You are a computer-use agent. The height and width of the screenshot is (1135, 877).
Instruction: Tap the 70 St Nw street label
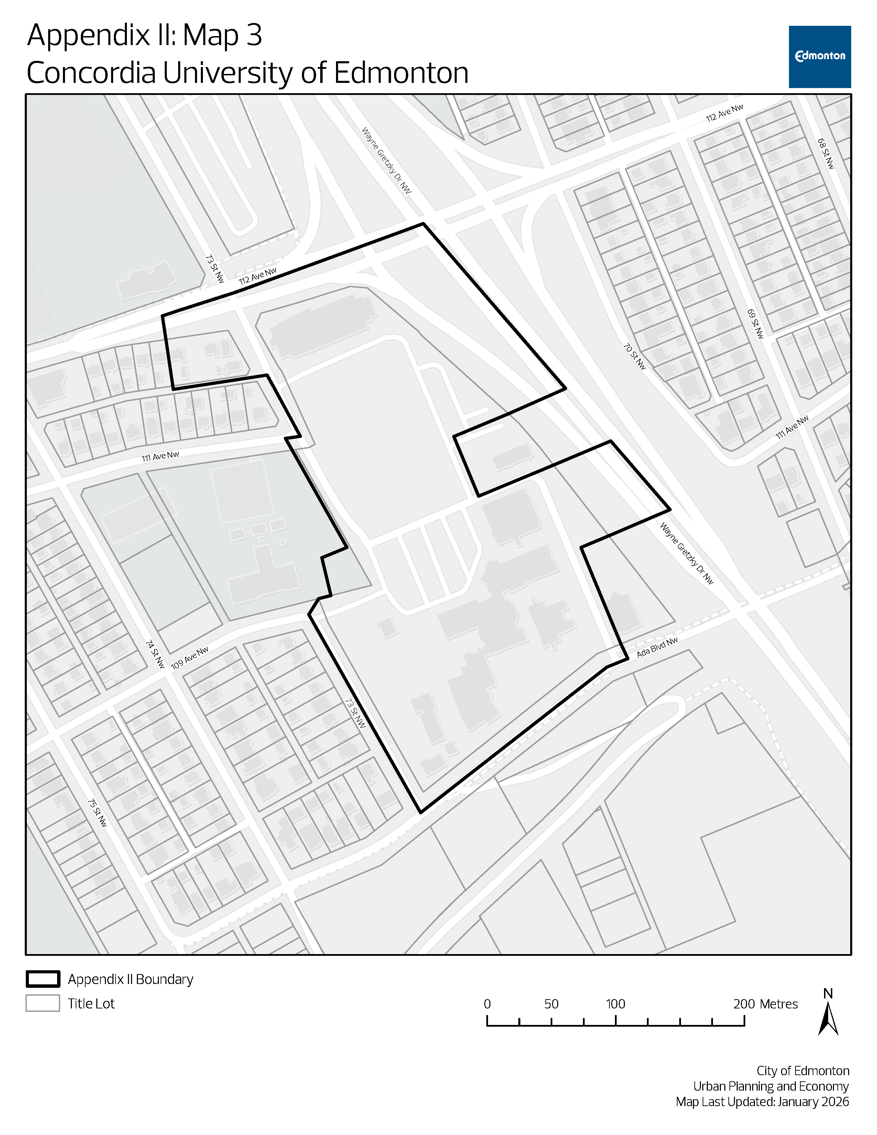[x=635, y=356]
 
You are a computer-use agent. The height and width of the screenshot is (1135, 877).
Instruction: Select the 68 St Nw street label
[x=825, y=153]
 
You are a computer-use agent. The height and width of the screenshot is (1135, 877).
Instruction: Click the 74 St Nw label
[x=155, y=654]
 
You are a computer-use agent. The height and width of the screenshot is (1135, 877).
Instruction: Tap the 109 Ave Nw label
[x=190, y=657]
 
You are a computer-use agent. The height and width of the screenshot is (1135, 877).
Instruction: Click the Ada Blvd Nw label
[x=657, y=647]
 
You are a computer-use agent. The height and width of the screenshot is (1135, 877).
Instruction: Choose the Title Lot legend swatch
[x=43, y=1003]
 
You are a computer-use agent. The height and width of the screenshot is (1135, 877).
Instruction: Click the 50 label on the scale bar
[x=551, y=1004]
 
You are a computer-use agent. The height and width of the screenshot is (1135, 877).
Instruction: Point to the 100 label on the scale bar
[x=615, y=1004]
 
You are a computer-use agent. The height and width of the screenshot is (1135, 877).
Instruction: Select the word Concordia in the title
[x=91, y=73]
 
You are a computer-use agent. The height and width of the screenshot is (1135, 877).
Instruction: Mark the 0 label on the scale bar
[x=487, y=1004]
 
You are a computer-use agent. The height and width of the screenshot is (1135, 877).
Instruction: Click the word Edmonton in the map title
[x=401, y=73]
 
